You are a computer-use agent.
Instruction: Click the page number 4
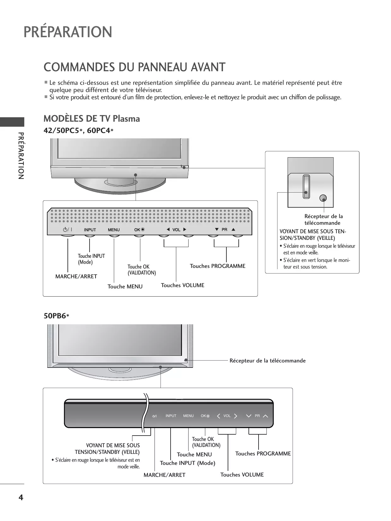click(21, 498)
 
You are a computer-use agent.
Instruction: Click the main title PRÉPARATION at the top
click(68, 32)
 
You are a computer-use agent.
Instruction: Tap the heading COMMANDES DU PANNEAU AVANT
click(134, 67)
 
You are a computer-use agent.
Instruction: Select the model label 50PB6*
click(56, 316)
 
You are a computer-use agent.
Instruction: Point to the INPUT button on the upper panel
click(90, 230)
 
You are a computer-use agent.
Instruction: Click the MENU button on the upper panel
click(114, 230)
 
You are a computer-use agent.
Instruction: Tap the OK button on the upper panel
click(139, 230)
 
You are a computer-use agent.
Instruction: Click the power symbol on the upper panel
click(67, 230)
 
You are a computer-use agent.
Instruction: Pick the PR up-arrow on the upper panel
click(233, 229)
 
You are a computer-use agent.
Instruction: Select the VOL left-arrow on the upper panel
click(168, 229)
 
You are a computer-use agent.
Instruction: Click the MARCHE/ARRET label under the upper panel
click(76, 276)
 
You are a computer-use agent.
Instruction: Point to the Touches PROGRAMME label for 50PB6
click(263, 454)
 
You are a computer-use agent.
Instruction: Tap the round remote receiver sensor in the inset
click(323, 198)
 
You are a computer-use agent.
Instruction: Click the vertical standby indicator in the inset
click(306, 186)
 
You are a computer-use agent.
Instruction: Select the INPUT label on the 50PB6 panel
click(171, 416)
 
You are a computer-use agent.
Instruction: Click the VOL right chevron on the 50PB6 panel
click(235, 416)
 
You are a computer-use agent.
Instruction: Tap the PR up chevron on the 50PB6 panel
click(265, 416)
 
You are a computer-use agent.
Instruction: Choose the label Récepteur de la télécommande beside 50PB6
click(267, 361)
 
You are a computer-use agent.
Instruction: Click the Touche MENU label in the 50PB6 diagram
click(194, 454)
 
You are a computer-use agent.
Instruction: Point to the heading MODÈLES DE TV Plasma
click(92, 119)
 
